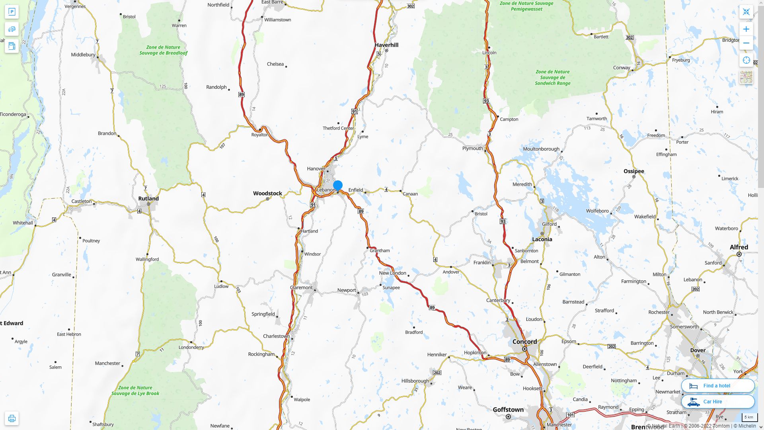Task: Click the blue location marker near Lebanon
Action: click(x=338, y=186)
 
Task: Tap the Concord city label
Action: click(x=524, y=342)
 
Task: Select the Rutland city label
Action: click(x=148, y=198)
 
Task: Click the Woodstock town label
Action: click(x=267, y=193)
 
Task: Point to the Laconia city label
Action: click(x=542, y=239)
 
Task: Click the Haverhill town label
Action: click(x=386, y=45)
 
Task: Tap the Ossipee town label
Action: click(x=633, y=171)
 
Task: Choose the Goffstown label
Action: click(x=508, y=410)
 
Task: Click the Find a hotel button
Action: click(x=717, y=386)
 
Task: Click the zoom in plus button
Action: click(x=746, y=29)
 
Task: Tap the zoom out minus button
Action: click(x=746, y=43)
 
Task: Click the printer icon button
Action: click(x=12, y=418)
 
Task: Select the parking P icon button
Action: click(x=12, y=12)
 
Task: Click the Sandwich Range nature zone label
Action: click(x=552, y=78)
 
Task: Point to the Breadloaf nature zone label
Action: click(x=163, y=50)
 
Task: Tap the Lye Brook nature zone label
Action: click(x=135, y=391)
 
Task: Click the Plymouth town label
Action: click(x=472, y=149)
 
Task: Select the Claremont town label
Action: click(x=301, y=287)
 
